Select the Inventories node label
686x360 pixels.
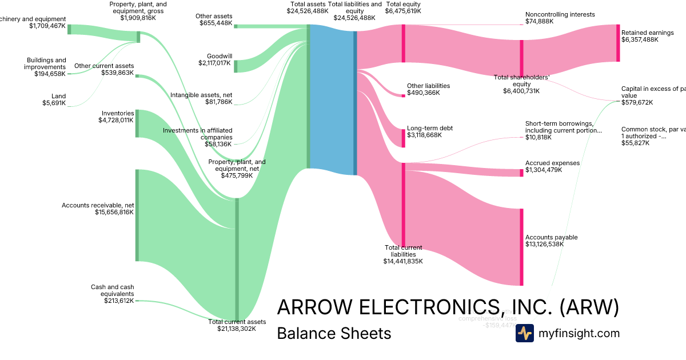coord(118,113)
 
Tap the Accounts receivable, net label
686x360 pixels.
coord(98,205)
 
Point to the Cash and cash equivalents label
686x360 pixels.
coord(112,290)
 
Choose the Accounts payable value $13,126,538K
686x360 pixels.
coord(544,244)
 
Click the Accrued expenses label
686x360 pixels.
coord(552,163)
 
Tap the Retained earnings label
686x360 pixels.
coord(648,33)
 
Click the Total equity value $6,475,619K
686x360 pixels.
coord(403,11)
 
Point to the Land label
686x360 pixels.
coord(58,97)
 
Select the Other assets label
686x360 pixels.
coord(214,16)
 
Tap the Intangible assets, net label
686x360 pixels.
coord(201,95)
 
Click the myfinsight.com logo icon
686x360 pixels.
coord(524,333)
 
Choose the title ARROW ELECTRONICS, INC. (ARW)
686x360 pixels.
coord(448,307)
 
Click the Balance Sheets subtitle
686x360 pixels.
coord(334,333)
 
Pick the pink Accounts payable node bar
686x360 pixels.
coord(521,247)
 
